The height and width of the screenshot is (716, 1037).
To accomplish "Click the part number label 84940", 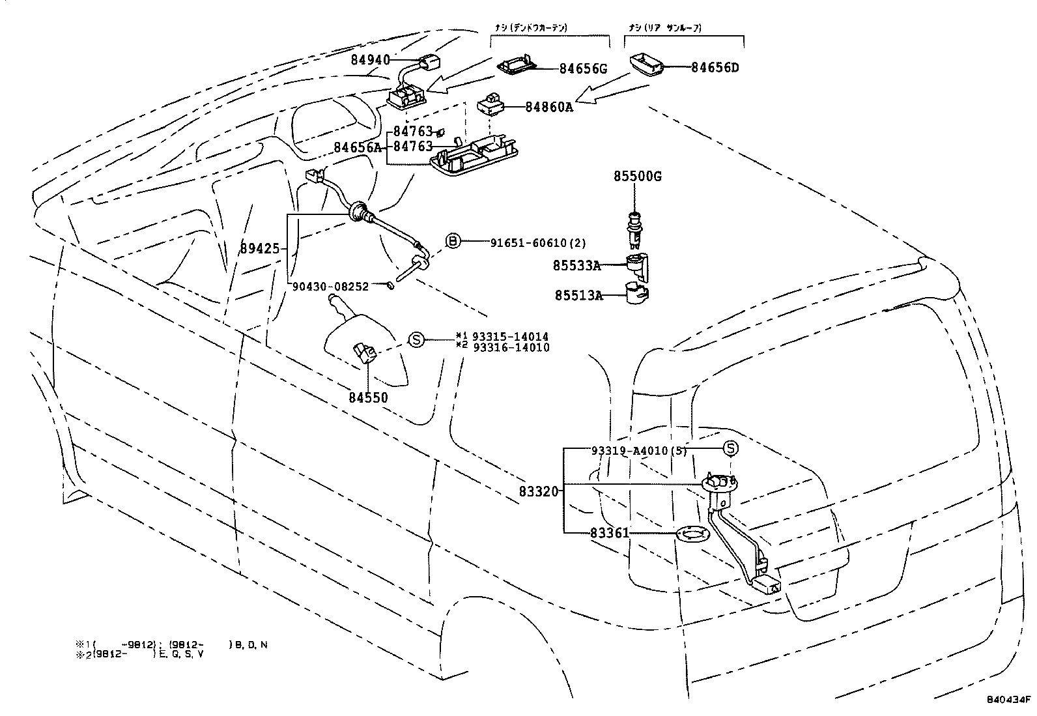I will [x=370, y=60].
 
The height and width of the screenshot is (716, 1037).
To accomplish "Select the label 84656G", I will [x=583, y=68].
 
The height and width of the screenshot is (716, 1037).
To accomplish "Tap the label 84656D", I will [x=715, y=67].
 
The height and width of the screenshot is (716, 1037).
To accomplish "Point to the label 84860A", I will [x=549, y=107].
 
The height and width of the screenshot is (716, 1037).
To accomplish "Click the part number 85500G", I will [x=636, y=177].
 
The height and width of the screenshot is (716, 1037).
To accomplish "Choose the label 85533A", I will [x=577, y=266].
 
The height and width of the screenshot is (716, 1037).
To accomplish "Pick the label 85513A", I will [x=578, y=296].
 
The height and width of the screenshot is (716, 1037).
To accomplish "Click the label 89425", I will [x=259, y=248].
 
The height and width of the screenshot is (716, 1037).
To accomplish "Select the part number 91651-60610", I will [x=530, y=243].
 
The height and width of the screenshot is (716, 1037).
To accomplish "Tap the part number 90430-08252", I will [x=330, y=286].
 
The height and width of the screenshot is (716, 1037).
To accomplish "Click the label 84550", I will [x=368, y=397].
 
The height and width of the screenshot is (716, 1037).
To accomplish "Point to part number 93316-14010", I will [x=511, y=347].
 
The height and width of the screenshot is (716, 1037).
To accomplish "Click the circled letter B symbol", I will [x=453, y=242].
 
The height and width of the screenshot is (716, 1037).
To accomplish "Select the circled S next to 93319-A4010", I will [x=731, y=448].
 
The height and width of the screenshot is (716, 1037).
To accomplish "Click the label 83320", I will [x=539, y=491].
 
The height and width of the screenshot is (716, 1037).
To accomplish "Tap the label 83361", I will [x=610, y=533].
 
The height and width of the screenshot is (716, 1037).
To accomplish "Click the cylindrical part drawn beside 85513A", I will [x=636, y=293].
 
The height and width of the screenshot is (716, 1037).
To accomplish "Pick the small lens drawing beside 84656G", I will [x=517, y=65].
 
